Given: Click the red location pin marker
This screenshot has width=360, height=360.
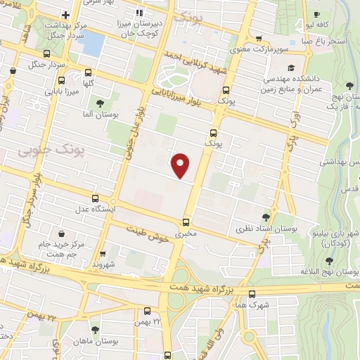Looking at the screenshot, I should (181, 165).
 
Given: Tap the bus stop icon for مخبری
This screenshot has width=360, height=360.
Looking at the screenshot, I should (186, 221).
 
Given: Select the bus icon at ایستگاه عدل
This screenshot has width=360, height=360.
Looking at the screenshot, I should (96, 198).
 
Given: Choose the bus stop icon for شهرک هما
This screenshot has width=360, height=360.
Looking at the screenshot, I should (252, 294).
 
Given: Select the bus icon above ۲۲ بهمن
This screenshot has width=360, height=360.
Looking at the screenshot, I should (148, 310).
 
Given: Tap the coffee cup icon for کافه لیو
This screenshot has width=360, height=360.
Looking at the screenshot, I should (317, 15).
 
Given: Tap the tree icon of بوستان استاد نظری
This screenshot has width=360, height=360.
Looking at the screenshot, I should (266, 217).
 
